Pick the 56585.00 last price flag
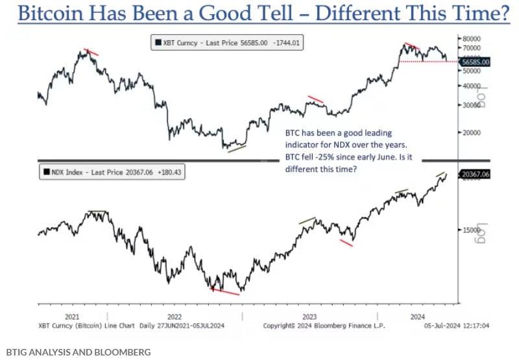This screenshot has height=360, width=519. [475, 62]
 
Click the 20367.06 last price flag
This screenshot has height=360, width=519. [475, 174]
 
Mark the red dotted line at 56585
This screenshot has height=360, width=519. [428, 62]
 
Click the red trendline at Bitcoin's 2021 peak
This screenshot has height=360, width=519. [91, 51]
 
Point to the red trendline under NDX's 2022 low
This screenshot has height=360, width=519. [225, 292]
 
